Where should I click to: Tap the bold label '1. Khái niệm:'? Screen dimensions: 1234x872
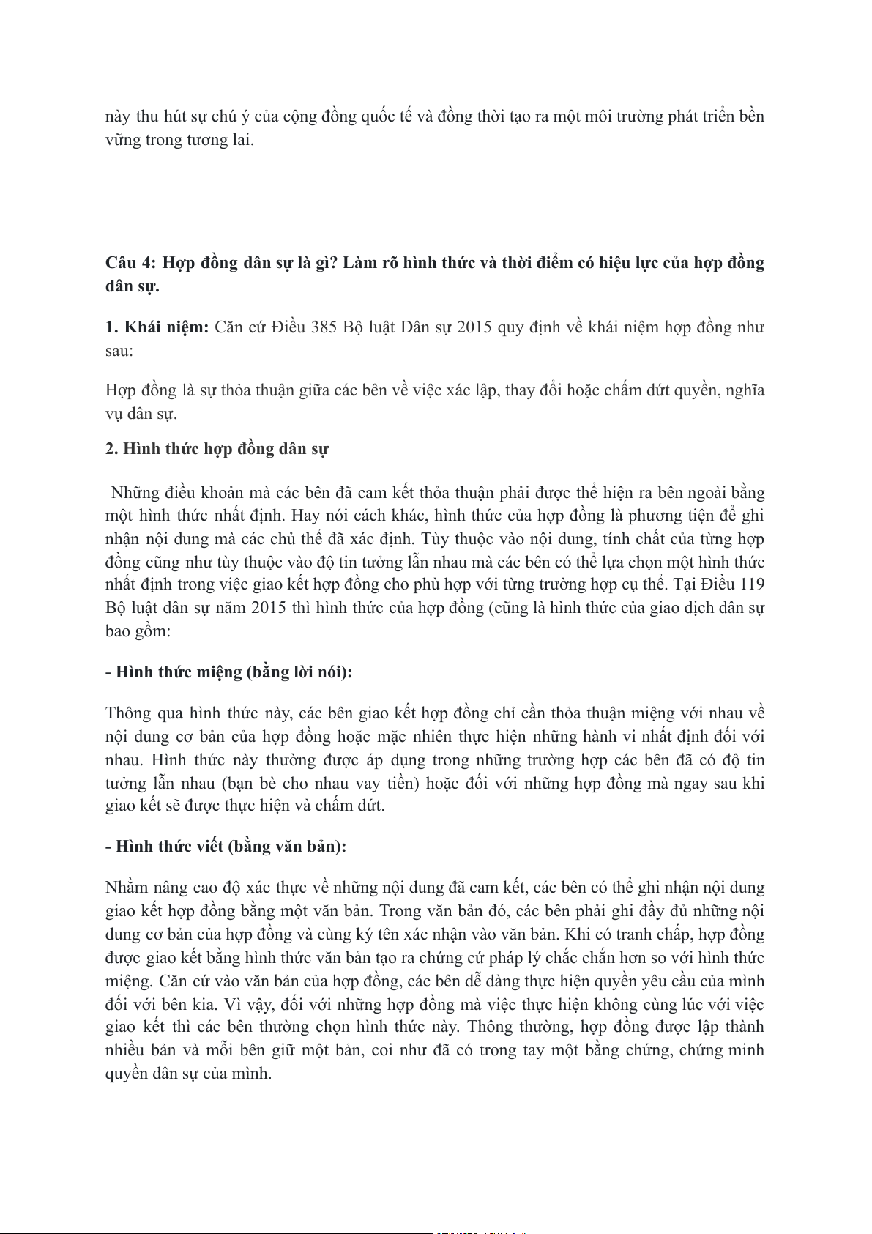[157, 327]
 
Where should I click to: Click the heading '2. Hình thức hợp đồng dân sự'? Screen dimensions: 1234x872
[217, 448]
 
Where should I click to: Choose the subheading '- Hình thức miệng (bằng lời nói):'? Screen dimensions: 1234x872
[228, 672]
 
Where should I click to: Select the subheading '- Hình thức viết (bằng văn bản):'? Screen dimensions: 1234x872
[226, 846]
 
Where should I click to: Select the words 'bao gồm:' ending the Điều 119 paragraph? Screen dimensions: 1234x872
[138, 631]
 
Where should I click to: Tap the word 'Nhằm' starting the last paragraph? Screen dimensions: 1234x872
[127, 888]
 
